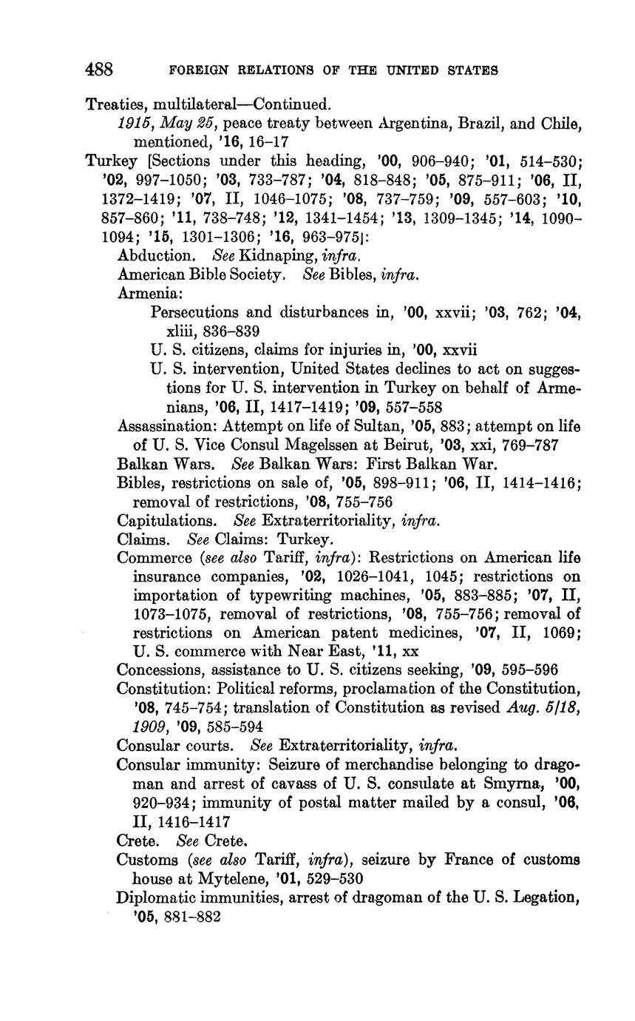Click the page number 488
click(99, 70)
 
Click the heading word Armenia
click(144, 293)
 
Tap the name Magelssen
click(329, 446)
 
